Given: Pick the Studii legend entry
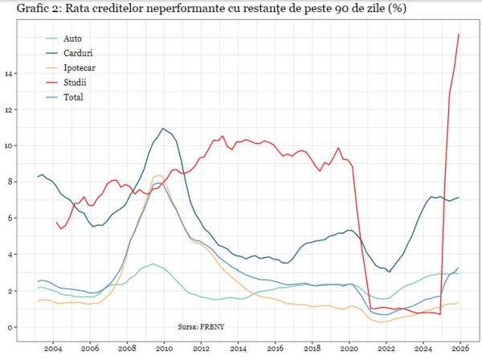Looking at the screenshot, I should pos(74,83).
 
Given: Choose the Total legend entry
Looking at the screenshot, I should pos(73,97).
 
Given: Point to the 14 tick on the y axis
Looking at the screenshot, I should pos(10,74).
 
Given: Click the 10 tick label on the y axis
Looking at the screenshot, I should pos(10,146).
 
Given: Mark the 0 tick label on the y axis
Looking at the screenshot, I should pos(11,327).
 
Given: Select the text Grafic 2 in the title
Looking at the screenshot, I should pos(27,10).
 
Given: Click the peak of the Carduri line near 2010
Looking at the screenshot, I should pos(163,128).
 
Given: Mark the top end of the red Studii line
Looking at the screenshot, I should pos(459,34).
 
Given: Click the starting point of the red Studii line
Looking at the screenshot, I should pos(56,222).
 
